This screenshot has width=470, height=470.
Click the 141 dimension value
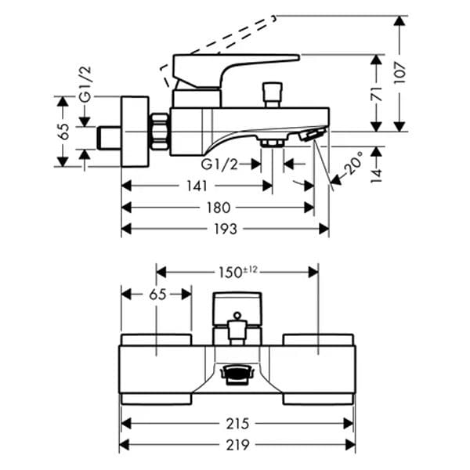197,186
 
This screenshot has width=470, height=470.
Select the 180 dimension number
219,208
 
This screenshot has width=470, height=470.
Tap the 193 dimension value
226,230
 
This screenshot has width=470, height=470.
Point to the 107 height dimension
399,73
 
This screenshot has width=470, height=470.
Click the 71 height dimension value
377,94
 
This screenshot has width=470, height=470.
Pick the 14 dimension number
377,175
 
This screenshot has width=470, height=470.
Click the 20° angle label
353,163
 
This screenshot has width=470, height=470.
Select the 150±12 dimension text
237,272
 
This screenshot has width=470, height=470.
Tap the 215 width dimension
237,424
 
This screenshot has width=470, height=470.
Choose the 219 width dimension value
237,445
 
